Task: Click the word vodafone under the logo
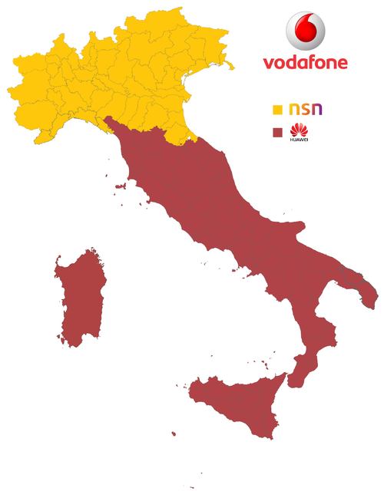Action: (305, 62)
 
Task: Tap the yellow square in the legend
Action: (277, 110)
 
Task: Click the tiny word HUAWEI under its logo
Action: (295, 140)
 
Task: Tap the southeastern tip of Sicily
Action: (273, 437)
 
